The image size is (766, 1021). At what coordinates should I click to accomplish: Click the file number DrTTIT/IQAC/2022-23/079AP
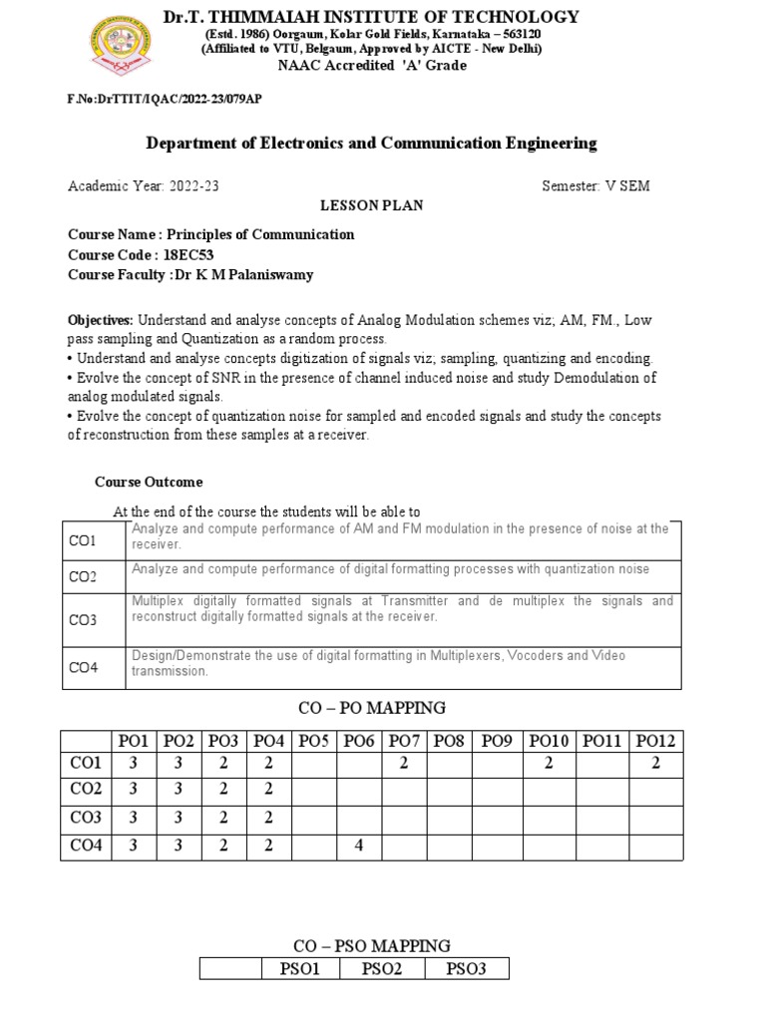(x=166, y=100)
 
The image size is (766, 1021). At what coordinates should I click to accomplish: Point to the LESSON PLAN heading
(x=371, y=205)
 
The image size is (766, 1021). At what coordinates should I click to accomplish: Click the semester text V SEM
(x=627, y=186)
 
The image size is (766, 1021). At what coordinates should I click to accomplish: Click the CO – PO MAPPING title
(x=371, y=708)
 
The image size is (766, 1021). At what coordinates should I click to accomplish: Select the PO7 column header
(x=404, y=741)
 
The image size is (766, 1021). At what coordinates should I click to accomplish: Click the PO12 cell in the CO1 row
(x=656, y=763)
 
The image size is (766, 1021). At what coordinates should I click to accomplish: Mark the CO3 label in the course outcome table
(x=82, y=619)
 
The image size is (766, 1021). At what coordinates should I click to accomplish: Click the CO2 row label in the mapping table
(x=86, y=790)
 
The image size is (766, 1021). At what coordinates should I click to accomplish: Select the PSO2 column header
(x=382, y=968)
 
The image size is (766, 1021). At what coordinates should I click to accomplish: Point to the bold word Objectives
(x=100, y=321)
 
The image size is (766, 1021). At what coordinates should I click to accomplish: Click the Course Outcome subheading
(x=149, y=483)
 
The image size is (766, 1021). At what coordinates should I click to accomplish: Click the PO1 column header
(x=133, y=741)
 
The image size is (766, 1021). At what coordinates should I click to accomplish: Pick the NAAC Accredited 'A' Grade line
(x=371, y=65)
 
